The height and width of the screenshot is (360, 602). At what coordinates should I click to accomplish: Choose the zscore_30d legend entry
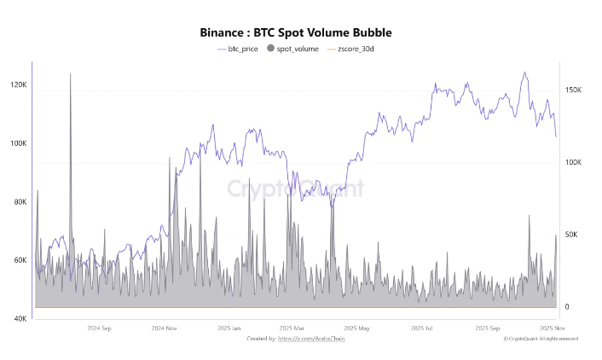(x=356, y=49)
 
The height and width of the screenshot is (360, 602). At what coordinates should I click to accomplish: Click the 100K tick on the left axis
(x=18, y=144)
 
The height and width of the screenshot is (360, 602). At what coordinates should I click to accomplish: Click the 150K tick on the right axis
(x=573, y=90)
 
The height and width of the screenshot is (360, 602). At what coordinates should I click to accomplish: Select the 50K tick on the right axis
(x=571, y=235)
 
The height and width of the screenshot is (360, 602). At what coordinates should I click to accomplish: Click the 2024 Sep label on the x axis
(x=101, y=328)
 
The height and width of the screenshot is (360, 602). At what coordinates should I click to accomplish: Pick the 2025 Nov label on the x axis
(x=554, y=328)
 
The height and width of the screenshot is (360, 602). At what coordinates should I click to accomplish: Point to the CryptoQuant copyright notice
(x=541, y=339)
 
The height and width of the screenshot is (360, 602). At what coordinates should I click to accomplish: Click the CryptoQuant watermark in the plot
(x=295, y=189)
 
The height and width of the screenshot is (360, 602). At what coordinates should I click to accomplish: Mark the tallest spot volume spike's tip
(x=70, y=74)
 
